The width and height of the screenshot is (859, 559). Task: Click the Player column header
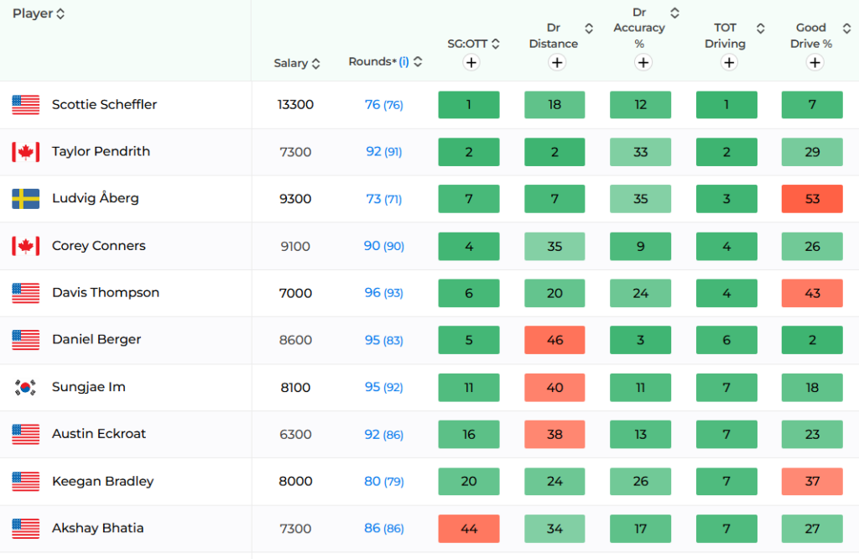point(33,13)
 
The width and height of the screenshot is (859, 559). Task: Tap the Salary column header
point(291,63)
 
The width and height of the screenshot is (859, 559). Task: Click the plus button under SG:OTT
point(471,62)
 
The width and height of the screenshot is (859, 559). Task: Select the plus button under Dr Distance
point(557,62)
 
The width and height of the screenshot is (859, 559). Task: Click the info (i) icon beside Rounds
point(403,62)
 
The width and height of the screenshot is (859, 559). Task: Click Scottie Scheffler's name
point(104,104)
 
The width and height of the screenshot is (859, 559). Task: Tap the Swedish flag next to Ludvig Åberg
point(26,199)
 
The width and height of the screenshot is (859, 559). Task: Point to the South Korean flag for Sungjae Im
point(26,388)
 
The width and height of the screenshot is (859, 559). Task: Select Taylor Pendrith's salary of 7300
point(295,152)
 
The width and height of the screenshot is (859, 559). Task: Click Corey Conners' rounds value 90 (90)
point(384,246)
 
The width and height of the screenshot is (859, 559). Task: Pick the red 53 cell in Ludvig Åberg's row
point(812,198)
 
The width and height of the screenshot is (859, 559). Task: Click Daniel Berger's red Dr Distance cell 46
point(554,340)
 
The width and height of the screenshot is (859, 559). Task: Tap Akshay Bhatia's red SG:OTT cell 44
point(469,528)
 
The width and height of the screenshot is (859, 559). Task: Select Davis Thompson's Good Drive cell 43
point(812,293)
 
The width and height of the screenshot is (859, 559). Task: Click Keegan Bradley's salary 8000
point(295,481)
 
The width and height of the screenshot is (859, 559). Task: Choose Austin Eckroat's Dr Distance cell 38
point(554,434)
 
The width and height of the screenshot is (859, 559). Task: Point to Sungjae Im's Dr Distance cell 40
point(554,387)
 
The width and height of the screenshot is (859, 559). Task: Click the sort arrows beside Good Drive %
point(846,28)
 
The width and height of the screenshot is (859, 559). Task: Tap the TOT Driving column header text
point(726,35)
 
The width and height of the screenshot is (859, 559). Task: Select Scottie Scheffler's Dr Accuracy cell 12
point(640,104)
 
